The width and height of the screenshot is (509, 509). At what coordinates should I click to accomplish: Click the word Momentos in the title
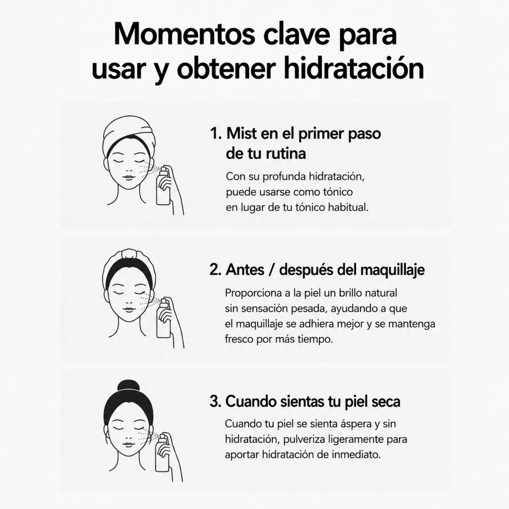coord(184,34)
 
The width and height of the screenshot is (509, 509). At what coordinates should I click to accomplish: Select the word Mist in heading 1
coord(241,133)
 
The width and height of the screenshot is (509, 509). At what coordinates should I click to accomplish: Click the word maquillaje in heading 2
coord(392,270)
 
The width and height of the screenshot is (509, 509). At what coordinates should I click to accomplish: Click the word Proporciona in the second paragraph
coord(253,293)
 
